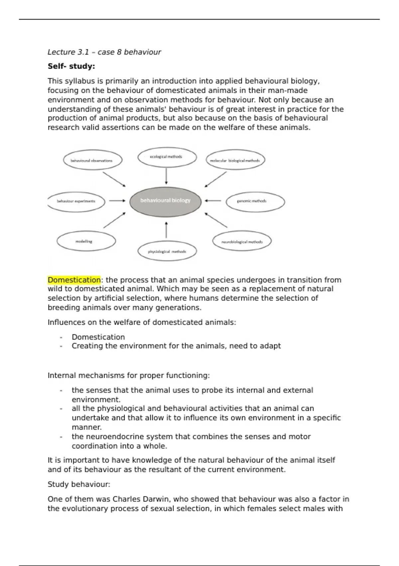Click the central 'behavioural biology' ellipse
(x=165, y=201)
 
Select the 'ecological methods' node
(x=167, y=157)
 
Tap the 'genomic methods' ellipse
(x=255, y=201)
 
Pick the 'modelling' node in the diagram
(x=86, y=241)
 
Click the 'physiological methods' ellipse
(x=167, y=252)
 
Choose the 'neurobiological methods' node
(x=242, y=241)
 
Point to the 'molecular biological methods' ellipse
(x=235, y=160)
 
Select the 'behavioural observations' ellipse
(x=92, y=160)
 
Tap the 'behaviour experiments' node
(x=76, y=201)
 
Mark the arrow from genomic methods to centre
(x=213, y=201)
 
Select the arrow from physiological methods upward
(x=166, y=230)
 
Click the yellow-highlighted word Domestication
(x=74, y=280)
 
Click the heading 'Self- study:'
(x=71, y=66)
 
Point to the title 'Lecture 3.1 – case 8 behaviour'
(x=104, y=52)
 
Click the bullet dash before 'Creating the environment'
(x=61, y=346)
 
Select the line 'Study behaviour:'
(x=79, y=484)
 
